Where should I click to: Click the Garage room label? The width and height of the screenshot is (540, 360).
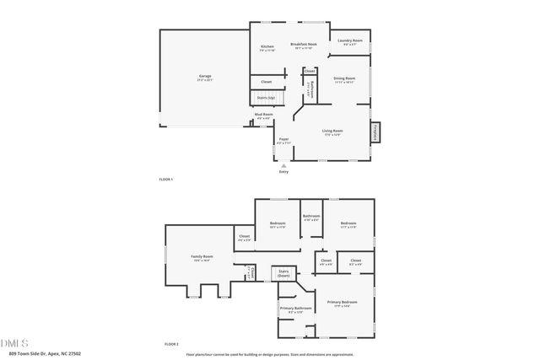click(204, 78)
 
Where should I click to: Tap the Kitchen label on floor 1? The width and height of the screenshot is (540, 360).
click(267, 47)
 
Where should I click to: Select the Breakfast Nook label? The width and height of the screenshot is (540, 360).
click(304, 46)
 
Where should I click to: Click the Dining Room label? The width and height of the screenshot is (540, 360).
click(344, 79)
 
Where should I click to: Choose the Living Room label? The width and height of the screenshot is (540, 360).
click(332, 132)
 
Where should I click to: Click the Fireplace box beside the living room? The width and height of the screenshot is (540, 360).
click(375, 133)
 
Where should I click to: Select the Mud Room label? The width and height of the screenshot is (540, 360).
click(263, 116)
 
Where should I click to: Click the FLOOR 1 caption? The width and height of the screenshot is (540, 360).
click(165, 180)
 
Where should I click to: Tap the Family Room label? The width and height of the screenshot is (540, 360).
click(201, 258)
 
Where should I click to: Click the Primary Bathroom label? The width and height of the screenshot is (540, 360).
click(295, 310)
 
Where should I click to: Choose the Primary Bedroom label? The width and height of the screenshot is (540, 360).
click(342, 303)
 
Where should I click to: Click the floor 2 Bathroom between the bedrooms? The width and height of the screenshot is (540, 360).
click(311, 218)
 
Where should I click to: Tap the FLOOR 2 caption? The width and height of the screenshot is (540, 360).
click(171, 344)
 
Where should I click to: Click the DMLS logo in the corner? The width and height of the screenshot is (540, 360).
click(14, 343)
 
